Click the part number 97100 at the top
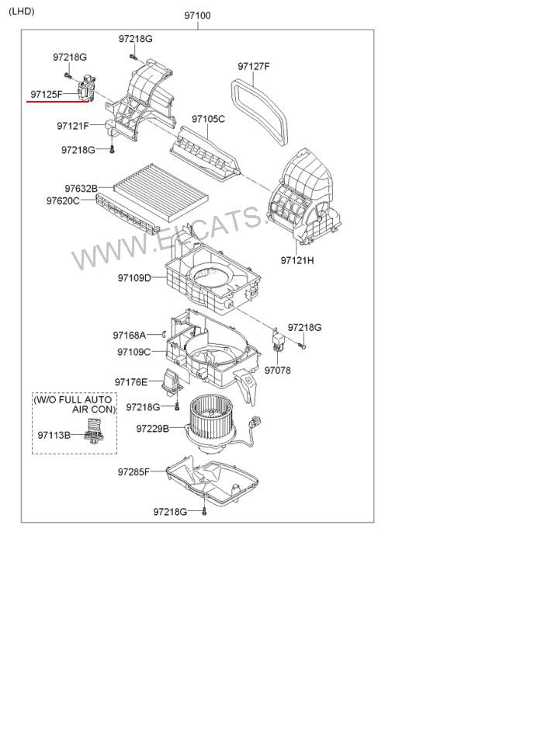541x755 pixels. click(x=197, y=16)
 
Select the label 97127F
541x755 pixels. click(x=254, y=66)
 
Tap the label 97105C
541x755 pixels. click(x=208, y=118)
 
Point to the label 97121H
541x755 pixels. click(x=297, y=260)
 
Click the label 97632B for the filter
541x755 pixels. click(x=81, y=188)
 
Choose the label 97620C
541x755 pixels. click(x=63, y=200)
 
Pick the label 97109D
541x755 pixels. click(x=134, y=278)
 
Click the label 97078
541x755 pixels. click(x=278, y=371)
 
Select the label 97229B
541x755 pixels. click(x=153, y=429)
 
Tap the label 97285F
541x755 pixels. click(x=134, y=472)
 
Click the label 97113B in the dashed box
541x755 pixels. click(x=54, y=435)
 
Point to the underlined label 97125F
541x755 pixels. click(x=47, y=95)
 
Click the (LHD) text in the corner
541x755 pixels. click(x=22, y=11)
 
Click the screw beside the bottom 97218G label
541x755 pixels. click(x=204, y=512)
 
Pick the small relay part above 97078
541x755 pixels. click(x=279, y=340)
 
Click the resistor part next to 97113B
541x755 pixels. click(x=95, y=430)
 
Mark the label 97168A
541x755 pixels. click(x=130, y=335)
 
